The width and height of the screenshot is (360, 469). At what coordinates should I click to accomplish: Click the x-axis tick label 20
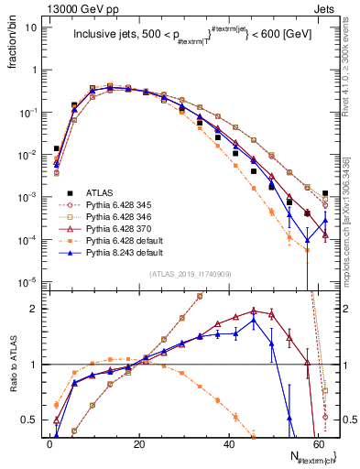[139, 444]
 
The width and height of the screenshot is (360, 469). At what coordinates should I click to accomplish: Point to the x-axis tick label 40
[228, 444]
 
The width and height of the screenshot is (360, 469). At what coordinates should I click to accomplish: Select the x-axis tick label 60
[318, 444]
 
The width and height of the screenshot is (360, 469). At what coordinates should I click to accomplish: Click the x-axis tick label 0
[49, 444]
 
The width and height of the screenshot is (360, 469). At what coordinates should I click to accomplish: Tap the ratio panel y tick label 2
[35, 309]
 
